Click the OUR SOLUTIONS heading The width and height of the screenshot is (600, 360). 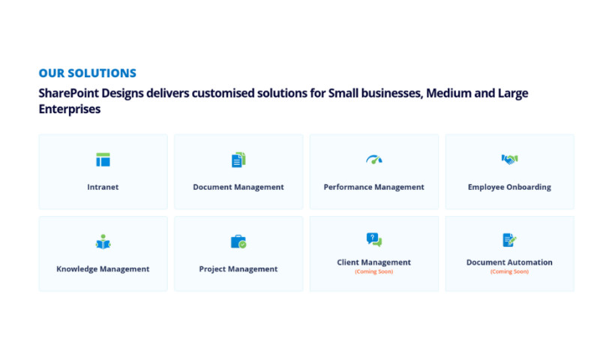tap(87, 73)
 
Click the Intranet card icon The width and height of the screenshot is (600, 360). tap(103, 159)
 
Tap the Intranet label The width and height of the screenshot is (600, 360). tap(103, 187)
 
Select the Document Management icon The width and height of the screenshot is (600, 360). tap(238, 159)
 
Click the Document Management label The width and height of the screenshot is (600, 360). tap(238, 187)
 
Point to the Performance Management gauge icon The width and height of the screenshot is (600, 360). tap(373, 159)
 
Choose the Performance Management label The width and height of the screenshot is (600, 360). tap(373, 187)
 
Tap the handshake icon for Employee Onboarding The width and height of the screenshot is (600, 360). tap(509, 159)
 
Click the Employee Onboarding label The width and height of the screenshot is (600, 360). tap(509, 187)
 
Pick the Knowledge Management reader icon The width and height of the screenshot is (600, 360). tap(103, 241)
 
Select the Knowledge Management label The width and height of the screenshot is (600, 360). tap(103, 268)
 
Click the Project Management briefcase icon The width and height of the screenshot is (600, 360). tap(238, 241)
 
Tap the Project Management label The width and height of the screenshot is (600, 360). tap(238, 268)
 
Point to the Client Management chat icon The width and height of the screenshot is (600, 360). tap(373, 239)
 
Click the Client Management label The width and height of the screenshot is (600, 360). tap(373, 262)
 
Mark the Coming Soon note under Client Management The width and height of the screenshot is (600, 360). tap(373, 271)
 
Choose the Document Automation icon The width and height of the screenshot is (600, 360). tap(509, 239)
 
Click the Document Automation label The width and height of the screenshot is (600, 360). tap(509, 262)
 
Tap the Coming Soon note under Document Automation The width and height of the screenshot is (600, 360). tap(509, 271)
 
